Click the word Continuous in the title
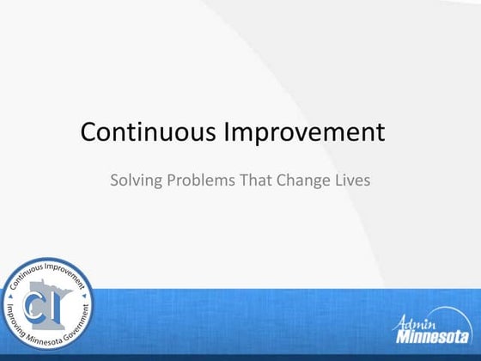click(x=149, y=132)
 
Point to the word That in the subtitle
click(x=259, y=181)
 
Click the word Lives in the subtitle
click(x=352, y=181)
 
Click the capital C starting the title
click(x=89, y=132)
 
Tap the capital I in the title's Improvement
click(x=227, y=132)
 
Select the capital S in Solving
click(x=115, y=181)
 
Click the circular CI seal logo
click(x=46, y=304)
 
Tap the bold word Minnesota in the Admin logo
click(x=433, y=337)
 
